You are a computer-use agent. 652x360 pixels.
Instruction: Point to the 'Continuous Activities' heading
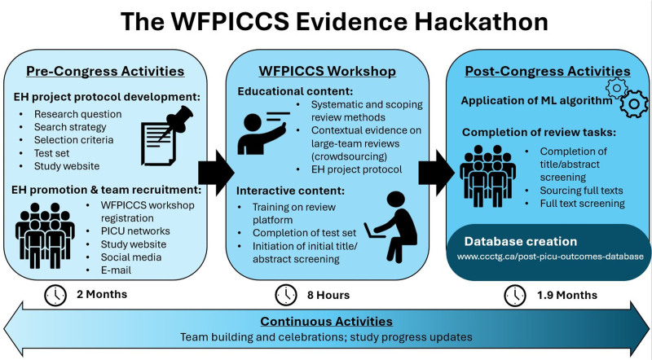325,321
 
